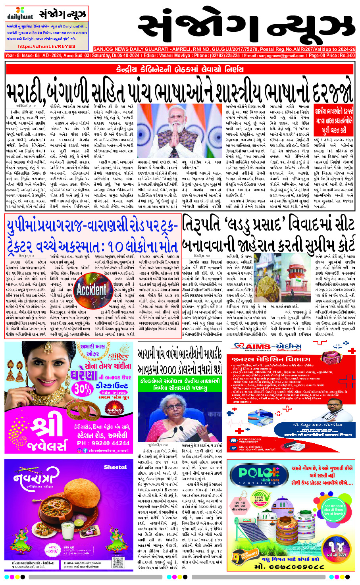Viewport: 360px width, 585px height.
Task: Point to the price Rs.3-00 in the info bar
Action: [345, 56]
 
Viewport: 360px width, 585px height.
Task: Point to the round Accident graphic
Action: [91, 290]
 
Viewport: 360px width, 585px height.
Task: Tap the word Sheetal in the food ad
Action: [115, 467]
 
